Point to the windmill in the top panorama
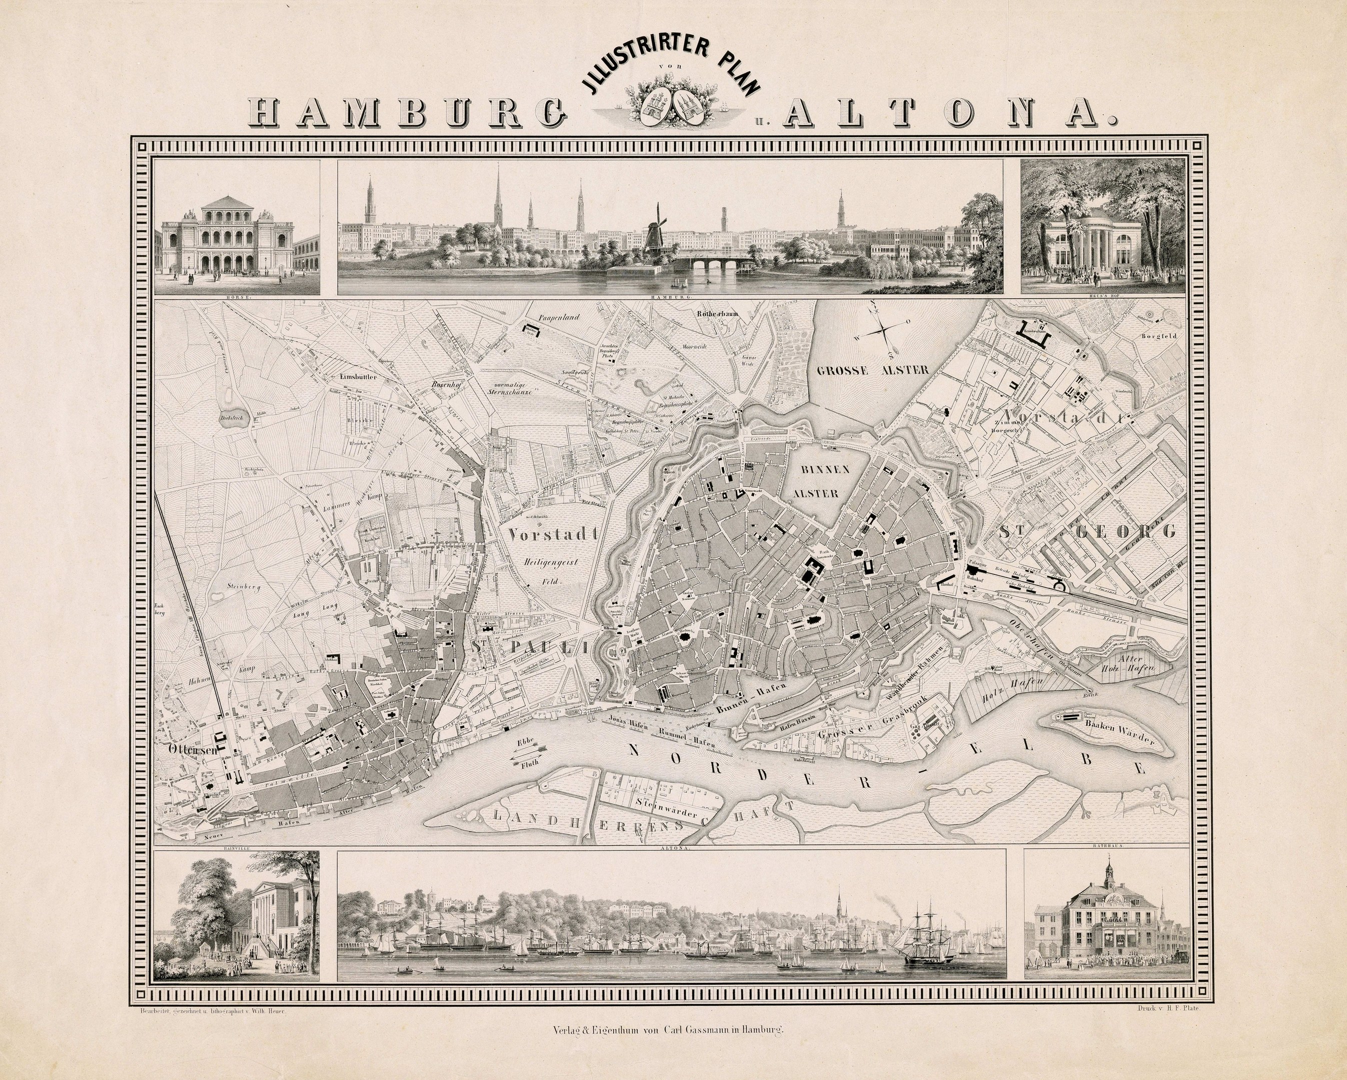click(654, 231)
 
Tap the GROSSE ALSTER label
click(873, 370)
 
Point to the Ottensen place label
click(193, 749)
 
